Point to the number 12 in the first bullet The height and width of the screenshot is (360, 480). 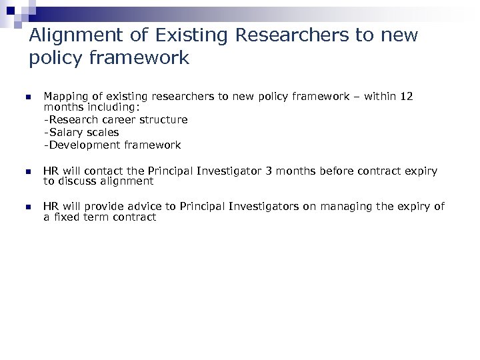click(406, 97)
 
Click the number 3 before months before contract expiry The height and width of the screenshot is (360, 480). click(268, 171)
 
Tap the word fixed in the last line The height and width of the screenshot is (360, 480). click(67, 217)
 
